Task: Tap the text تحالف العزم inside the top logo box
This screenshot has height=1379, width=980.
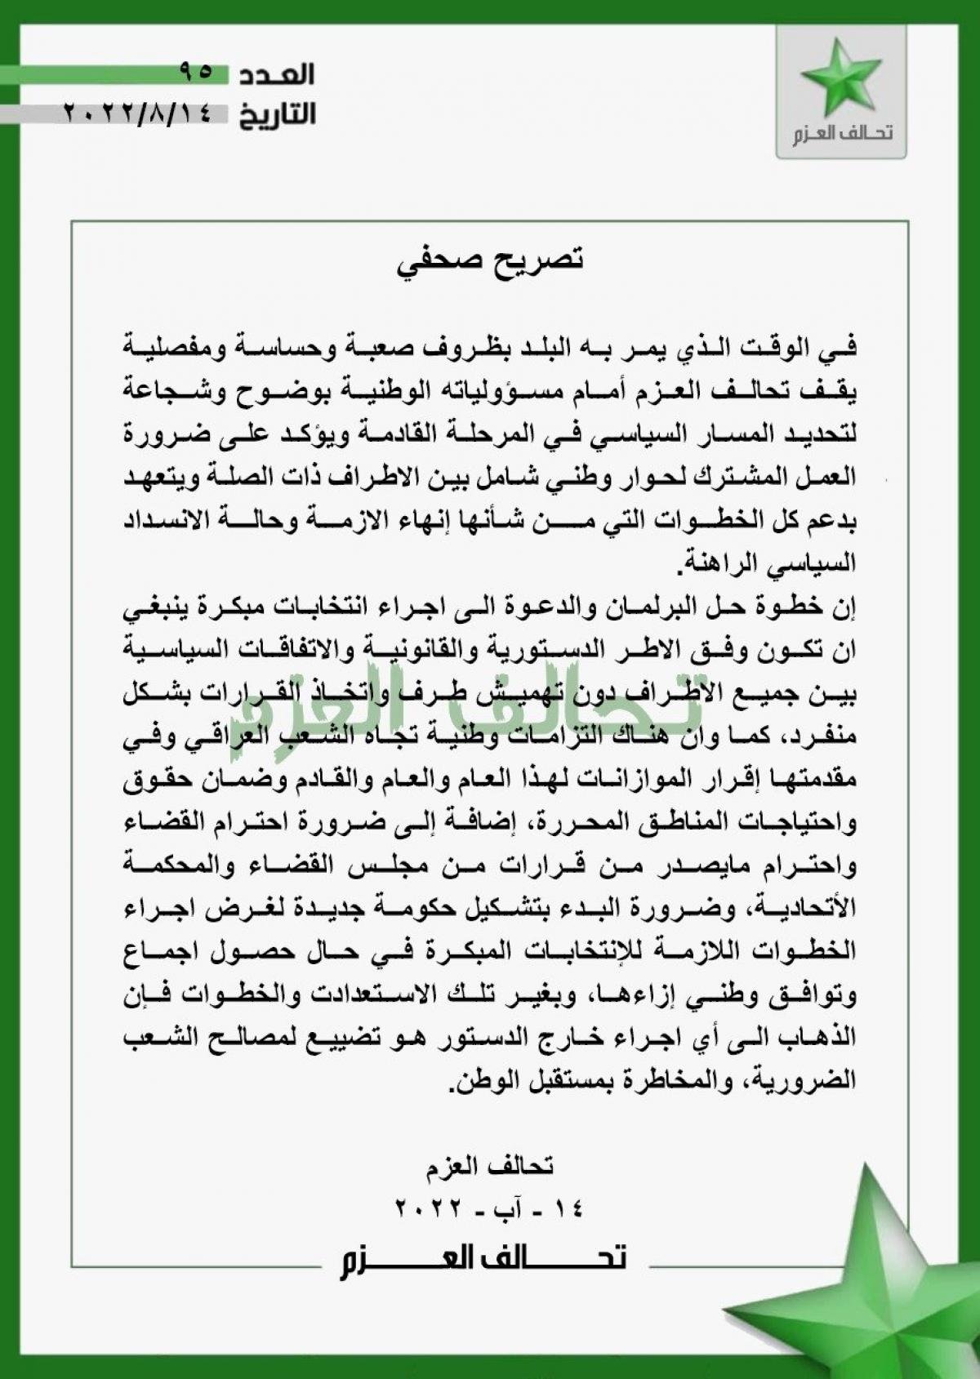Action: point(841,133)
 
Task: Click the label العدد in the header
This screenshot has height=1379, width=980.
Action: point(278,74)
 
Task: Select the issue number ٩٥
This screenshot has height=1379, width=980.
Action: point(194,73)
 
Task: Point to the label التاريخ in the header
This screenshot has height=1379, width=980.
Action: point(278,114)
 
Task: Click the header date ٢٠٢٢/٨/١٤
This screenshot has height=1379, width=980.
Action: point(136,113)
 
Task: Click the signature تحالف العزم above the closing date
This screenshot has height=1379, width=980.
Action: point(490,1167)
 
